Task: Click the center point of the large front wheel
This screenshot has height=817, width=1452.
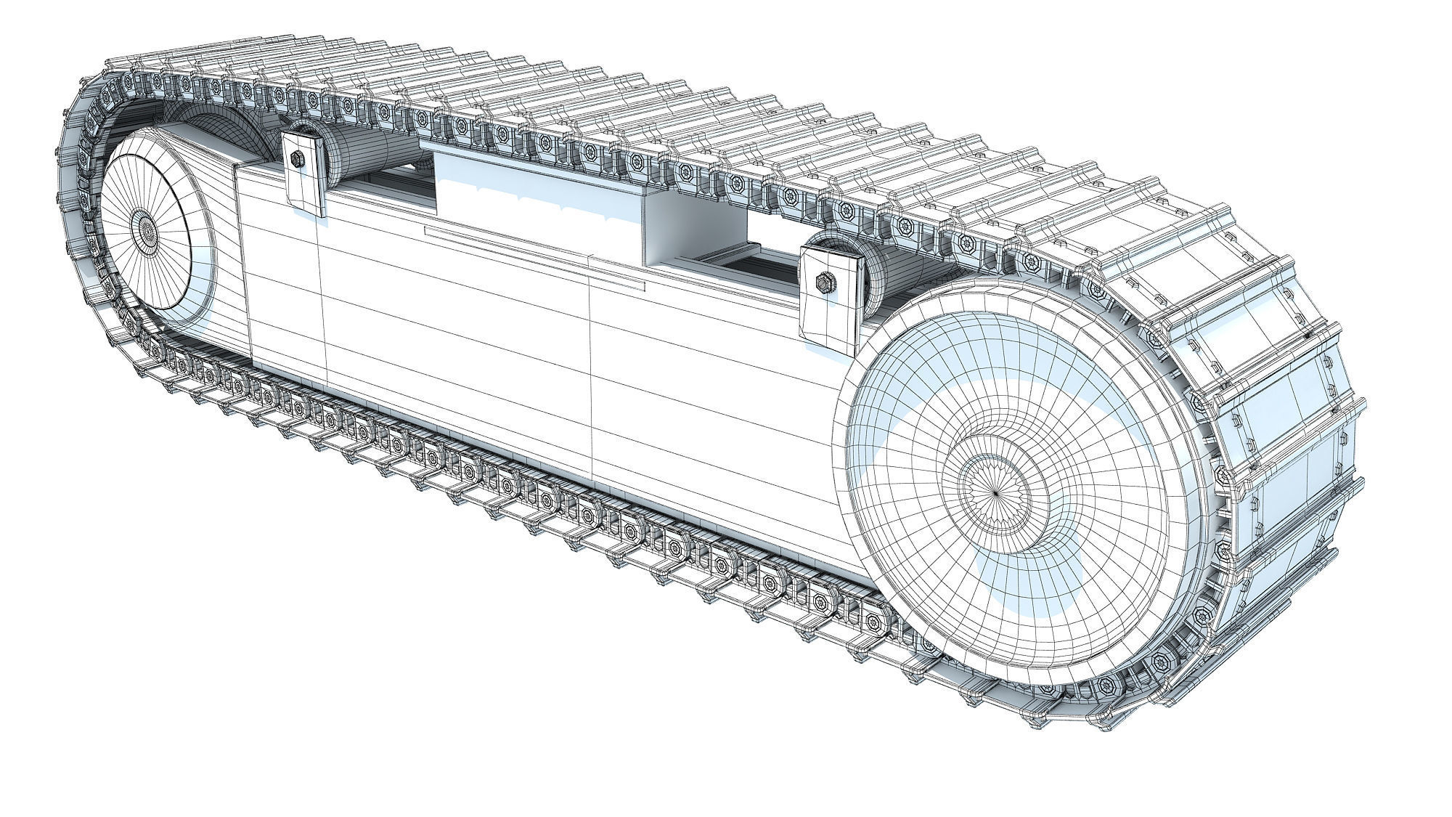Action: pos(995,491)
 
